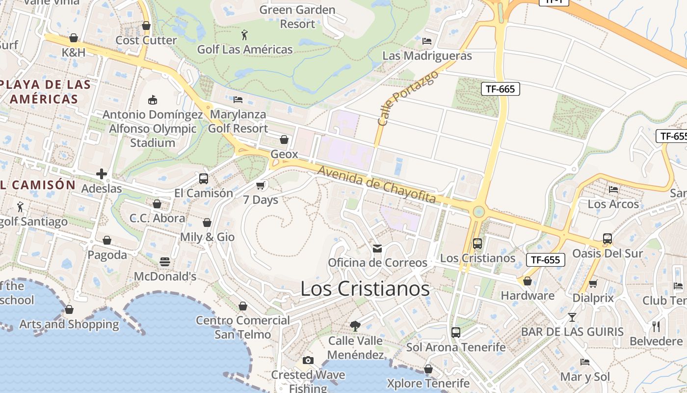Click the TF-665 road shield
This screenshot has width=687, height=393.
(x=500, y=89)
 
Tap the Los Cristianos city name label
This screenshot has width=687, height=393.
(x=365, y=289)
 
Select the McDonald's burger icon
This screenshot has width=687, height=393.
(x=165, y=262)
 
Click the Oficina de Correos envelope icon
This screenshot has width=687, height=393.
(x=377, y=249)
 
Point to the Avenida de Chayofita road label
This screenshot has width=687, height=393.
(x=377, y=185)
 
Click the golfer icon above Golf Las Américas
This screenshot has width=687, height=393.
(x=244, y=35)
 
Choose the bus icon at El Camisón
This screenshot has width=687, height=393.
(x=203, y=179)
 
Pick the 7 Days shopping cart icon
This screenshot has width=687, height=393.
(x=261, y=185)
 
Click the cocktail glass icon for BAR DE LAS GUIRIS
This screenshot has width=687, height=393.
(x=572, y=317)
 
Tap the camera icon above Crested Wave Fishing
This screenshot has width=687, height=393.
(x=308, y=360)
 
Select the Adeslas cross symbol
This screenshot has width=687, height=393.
(x=102, y=174)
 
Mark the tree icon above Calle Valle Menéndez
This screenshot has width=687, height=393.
(x=355, y=326)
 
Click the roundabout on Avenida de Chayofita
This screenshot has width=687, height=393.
(x=478, y=212)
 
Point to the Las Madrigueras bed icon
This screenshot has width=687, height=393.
(x=427, y=41)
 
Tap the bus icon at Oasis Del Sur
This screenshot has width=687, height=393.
(x=608, y=239)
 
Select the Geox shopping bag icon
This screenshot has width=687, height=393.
(x=284, y=140)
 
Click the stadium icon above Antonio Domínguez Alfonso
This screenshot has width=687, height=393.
(x=153, y=100)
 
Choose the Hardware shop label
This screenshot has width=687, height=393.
(x=528, y=296)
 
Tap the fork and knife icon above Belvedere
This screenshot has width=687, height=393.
(x=656, y=326)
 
